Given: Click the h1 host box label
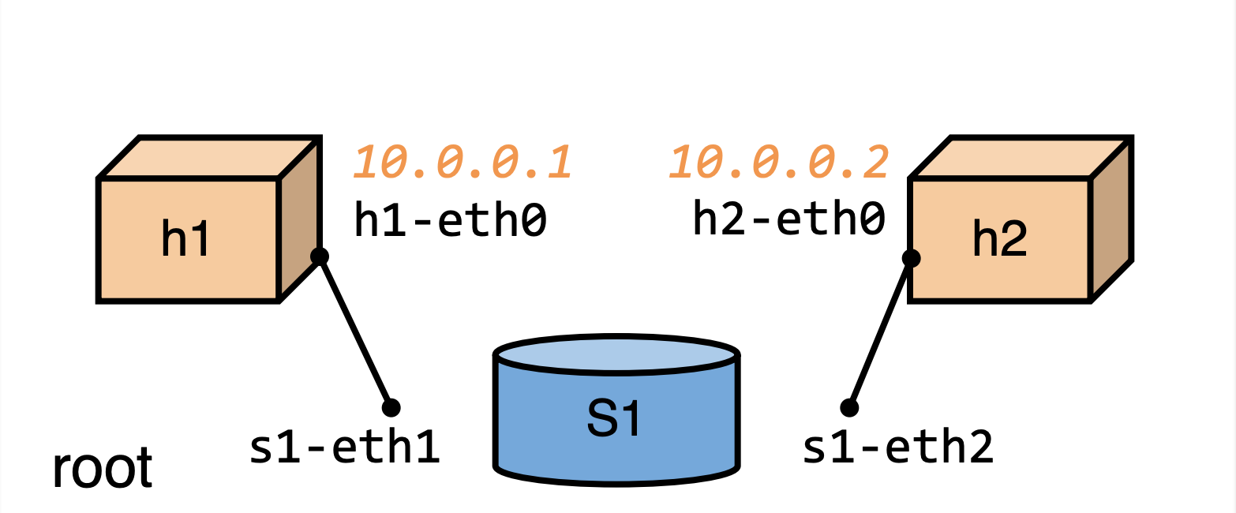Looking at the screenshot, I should pos(185,239).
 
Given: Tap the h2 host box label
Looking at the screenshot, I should pos(999,239).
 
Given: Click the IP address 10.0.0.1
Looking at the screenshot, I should pos(463,163).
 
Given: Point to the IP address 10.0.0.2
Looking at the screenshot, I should pos(780,163).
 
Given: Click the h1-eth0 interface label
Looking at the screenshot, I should pos(451,219).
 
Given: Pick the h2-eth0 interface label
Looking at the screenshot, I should pos(788,218).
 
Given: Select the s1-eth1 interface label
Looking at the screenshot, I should pos(344,447).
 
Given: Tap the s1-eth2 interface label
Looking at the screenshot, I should pos(897,447).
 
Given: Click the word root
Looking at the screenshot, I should pos(102,469).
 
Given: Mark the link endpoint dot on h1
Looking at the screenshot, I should pos(319,256).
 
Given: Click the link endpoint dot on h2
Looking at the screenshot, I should pos(911,257).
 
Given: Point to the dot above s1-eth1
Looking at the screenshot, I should pos(391,407).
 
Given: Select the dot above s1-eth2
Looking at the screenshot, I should pos(849,407).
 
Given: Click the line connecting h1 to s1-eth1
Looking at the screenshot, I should pos(355,332).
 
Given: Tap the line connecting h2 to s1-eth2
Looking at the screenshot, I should pos(880,332).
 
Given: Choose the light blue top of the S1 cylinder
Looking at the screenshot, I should pos(616,356).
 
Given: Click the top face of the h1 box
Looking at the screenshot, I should pos(208,158).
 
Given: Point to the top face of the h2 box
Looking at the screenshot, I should pos(1021,158).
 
